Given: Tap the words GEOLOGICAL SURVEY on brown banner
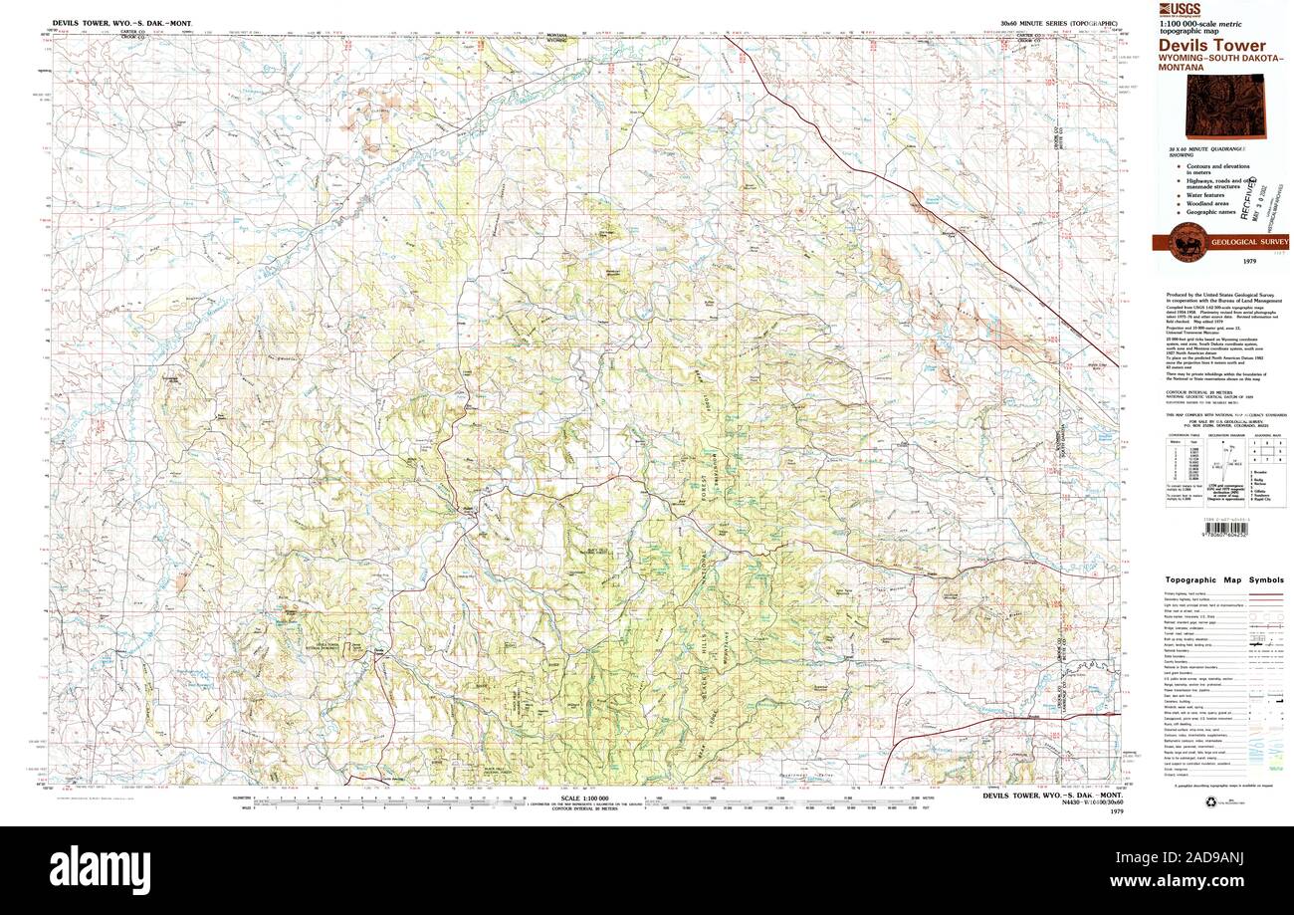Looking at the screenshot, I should tap(1249, 242).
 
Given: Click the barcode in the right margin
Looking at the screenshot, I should tap(1204, 529).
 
